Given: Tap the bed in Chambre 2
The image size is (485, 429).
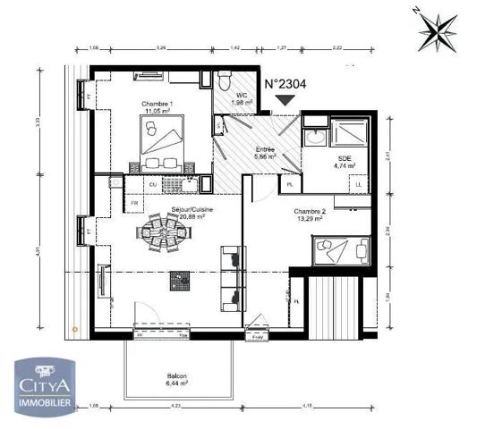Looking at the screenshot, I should click(x=339, y=248).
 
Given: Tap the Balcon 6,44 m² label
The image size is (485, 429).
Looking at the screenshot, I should click(x=176, y=379).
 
